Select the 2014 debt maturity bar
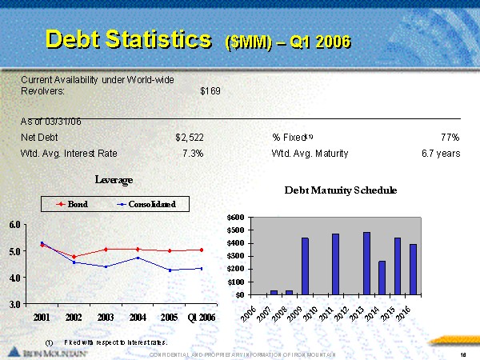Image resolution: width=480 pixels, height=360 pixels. click(382, 278)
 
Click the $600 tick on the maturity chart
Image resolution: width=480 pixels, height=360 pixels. click(236, 218)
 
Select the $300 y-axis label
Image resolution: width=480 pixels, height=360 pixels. click(236, 256)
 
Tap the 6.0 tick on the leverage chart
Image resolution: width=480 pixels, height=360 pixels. click(15, 225)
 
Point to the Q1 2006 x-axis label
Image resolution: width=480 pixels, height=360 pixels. click(201, 318)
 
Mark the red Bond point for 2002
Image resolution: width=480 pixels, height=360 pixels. click(74, 257)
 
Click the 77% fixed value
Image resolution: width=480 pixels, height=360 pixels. click(449, 138)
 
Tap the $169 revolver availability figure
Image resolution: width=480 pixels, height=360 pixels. click(210, 91)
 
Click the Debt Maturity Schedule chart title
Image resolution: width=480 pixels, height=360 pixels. click(340, 190)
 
